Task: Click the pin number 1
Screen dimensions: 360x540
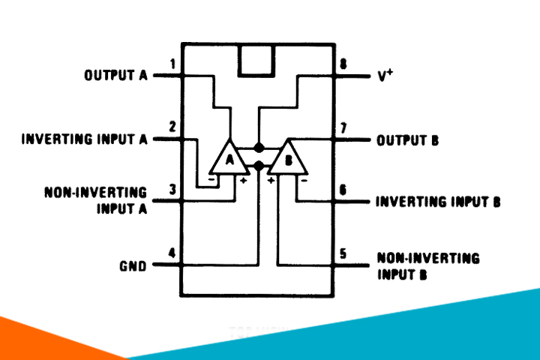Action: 173,64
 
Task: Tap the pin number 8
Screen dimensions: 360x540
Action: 343,64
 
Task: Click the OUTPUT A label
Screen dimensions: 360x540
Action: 115,76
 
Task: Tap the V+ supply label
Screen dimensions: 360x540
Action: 385,76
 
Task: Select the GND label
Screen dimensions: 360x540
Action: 132,265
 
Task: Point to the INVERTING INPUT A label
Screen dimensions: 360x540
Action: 84,139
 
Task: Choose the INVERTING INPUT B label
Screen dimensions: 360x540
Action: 437,202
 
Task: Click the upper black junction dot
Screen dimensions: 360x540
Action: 259,147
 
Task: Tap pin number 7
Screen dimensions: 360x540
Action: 343,127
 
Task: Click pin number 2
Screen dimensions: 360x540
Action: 173,127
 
